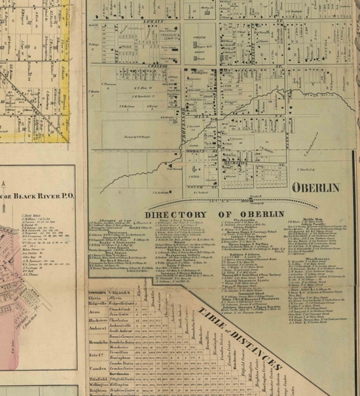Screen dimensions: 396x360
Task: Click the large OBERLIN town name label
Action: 316,188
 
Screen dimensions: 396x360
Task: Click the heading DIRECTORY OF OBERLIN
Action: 215,213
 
